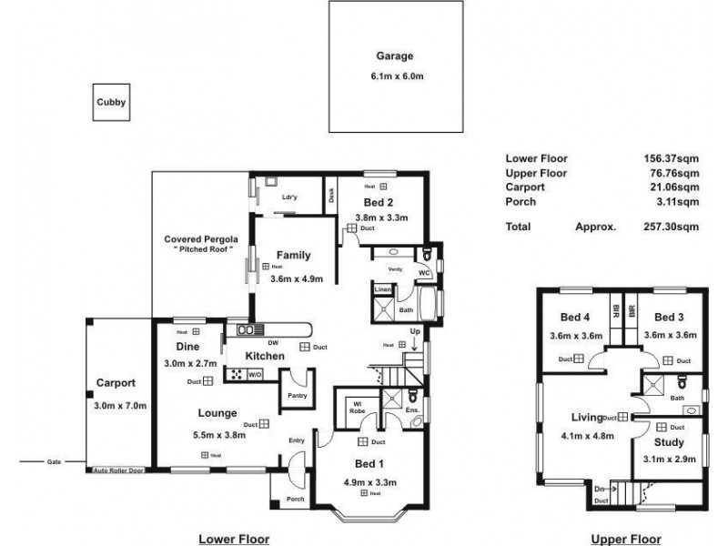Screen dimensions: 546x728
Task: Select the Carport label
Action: pos(116,383)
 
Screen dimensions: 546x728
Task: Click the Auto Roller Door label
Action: pos(117,471)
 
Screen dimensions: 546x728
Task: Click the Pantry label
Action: pos(297,396)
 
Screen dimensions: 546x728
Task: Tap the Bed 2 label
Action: pos(378,202)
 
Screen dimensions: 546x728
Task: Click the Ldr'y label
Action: pos(290,197)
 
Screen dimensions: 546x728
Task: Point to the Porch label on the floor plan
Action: pos(295,499)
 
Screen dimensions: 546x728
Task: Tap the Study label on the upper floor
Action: pos(669,443)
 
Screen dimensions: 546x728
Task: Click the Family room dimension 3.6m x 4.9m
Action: pos(297,279)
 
